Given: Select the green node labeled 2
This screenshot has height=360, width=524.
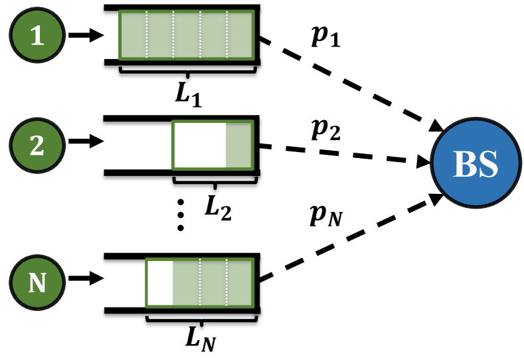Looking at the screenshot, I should click(38, 145).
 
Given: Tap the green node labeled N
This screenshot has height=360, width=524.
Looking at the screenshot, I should click(38, 284).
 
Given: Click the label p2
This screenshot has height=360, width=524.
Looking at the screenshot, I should click(325, 130).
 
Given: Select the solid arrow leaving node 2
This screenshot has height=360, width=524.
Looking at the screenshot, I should click(84, 141).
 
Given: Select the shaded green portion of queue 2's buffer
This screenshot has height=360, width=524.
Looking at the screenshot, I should click(238, 145).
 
